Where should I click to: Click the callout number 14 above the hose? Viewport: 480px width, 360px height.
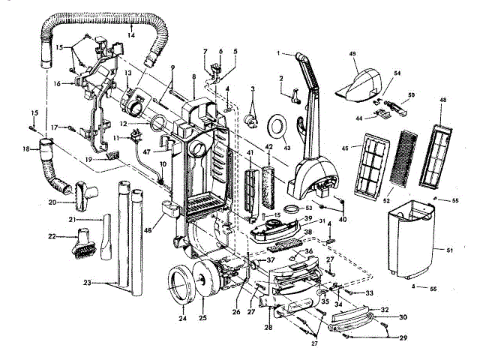(130, 34)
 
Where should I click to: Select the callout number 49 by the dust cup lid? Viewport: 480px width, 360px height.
(353, 54)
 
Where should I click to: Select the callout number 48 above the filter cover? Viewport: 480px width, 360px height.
(443, 100)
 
